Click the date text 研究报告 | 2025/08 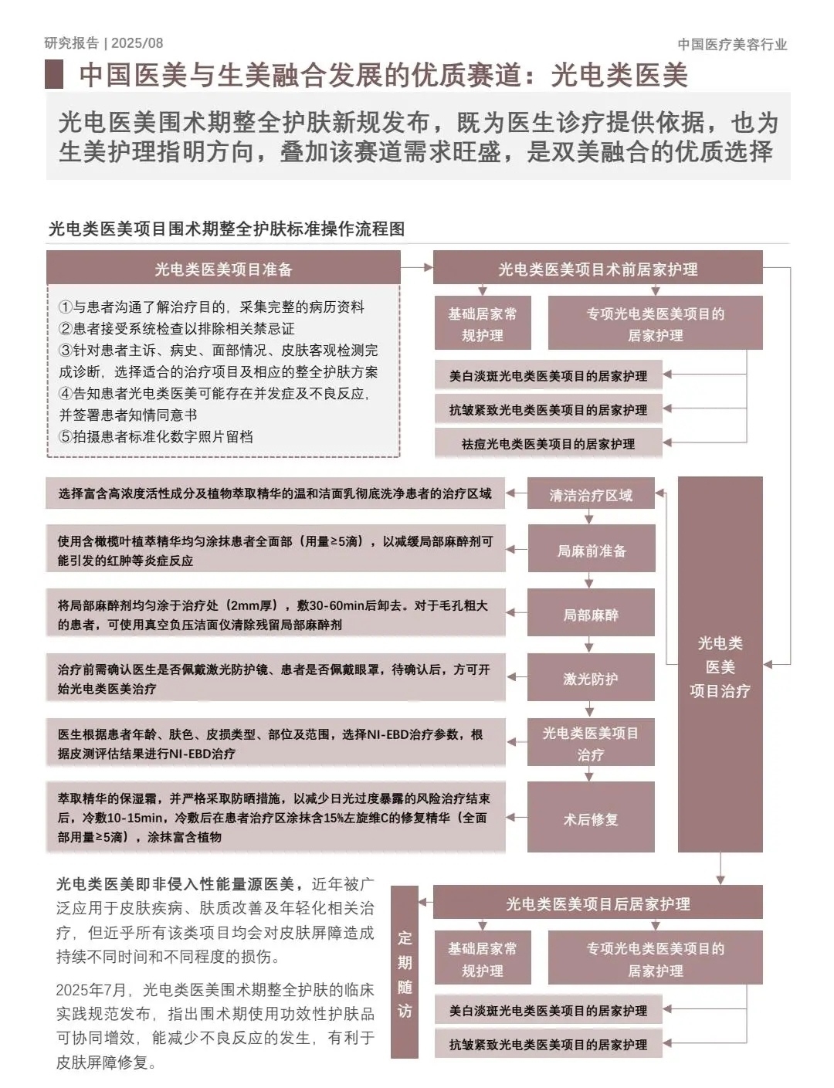(103, 43)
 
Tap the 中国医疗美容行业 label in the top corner (732, 44)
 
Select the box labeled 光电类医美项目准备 (223, 269)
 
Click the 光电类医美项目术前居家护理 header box (598, 269)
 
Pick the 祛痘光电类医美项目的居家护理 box (548, 444)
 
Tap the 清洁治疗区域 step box (591, 495)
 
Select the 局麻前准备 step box (591, 551)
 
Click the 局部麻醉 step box (591, 615)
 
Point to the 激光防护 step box (591, 679)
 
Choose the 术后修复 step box (591, 819)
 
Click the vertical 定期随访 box (405, 973)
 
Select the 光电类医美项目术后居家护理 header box (598, 903)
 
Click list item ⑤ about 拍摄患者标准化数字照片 (156, 436)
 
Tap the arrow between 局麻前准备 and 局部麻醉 (591, 581)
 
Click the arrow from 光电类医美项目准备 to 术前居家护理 (417, 268)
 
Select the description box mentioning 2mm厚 (275, 615)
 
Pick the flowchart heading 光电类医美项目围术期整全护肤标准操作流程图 (226, 229)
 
